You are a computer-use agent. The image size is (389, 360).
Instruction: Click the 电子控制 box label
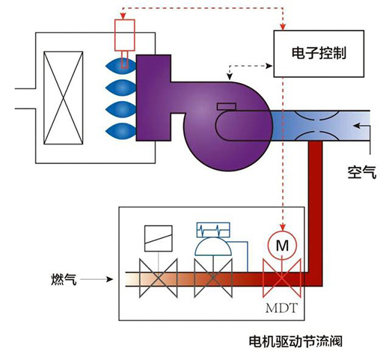coord(319,53)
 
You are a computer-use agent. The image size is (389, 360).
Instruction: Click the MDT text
coord(282,308)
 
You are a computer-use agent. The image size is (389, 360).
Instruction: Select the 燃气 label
coord(64,279)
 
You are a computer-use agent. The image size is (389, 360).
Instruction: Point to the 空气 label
coord(362,172)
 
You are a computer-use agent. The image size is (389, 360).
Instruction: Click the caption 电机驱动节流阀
coord(295,341)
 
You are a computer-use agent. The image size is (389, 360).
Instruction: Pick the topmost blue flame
coord(121,66)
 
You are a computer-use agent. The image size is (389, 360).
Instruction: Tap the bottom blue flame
coord(121,131)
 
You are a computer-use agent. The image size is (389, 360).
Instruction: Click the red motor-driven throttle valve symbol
coord(282,278)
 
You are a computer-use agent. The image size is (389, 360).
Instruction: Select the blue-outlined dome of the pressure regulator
coord(213,247)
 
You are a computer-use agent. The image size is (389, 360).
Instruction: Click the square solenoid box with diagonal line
coord(159,238)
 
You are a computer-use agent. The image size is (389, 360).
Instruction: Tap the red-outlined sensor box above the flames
coord(125,35)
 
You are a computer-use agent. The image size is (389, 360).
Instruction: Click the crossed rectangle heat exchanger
coord(64,98)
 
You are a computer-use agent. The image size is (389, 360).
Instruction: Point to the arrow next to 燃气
coord(97,279)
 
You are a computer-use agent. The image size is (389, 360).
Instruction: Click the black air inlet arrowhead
coord(357,125)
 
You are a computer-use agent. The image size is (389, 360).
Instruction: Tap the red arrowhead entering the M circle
coord(282,228)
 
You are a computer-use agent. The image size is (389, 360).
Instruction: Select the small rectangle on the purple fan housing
coord(227,106)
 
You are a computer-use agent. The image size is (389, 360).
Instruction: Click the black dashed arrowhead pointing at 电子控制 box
coord(269,66)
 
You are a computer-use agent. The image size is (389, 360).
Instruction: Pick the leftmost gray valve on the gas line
coord(159,278)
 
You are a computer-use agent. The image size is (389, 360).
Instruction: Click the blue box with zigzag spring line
coord(213,230)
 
